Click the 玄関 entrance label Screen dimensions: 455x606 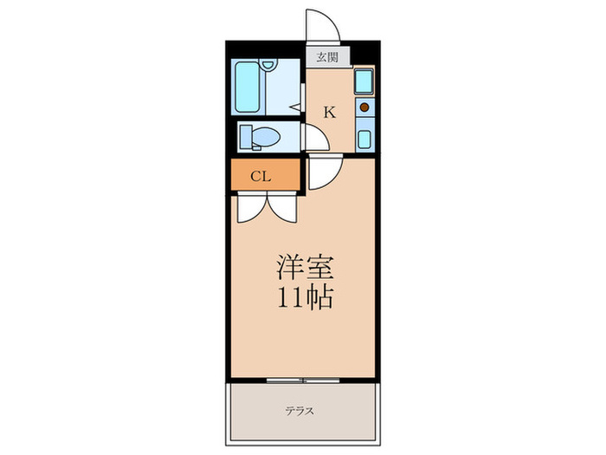[x=327, y=58]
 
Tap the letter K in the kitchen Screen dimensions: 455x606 [x=329, y=111]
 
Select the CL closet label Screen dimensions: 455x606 [x=261, y=176]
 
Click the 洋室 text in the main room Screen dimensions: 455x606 [x=302, y=265]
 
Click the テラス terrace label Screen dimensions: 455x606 [x=302, y=411]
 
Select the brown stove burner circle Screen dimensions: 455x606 [x=364, y=108]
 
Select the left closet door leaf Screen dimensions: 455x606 [x=249, y=206]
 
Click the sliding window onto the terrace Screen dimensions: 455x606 [x=302, y=380]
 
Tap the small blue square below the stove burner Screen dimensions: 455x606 [x=364, y=139]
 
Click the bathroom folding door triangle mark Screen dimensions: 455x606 [x=294, y=109]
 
